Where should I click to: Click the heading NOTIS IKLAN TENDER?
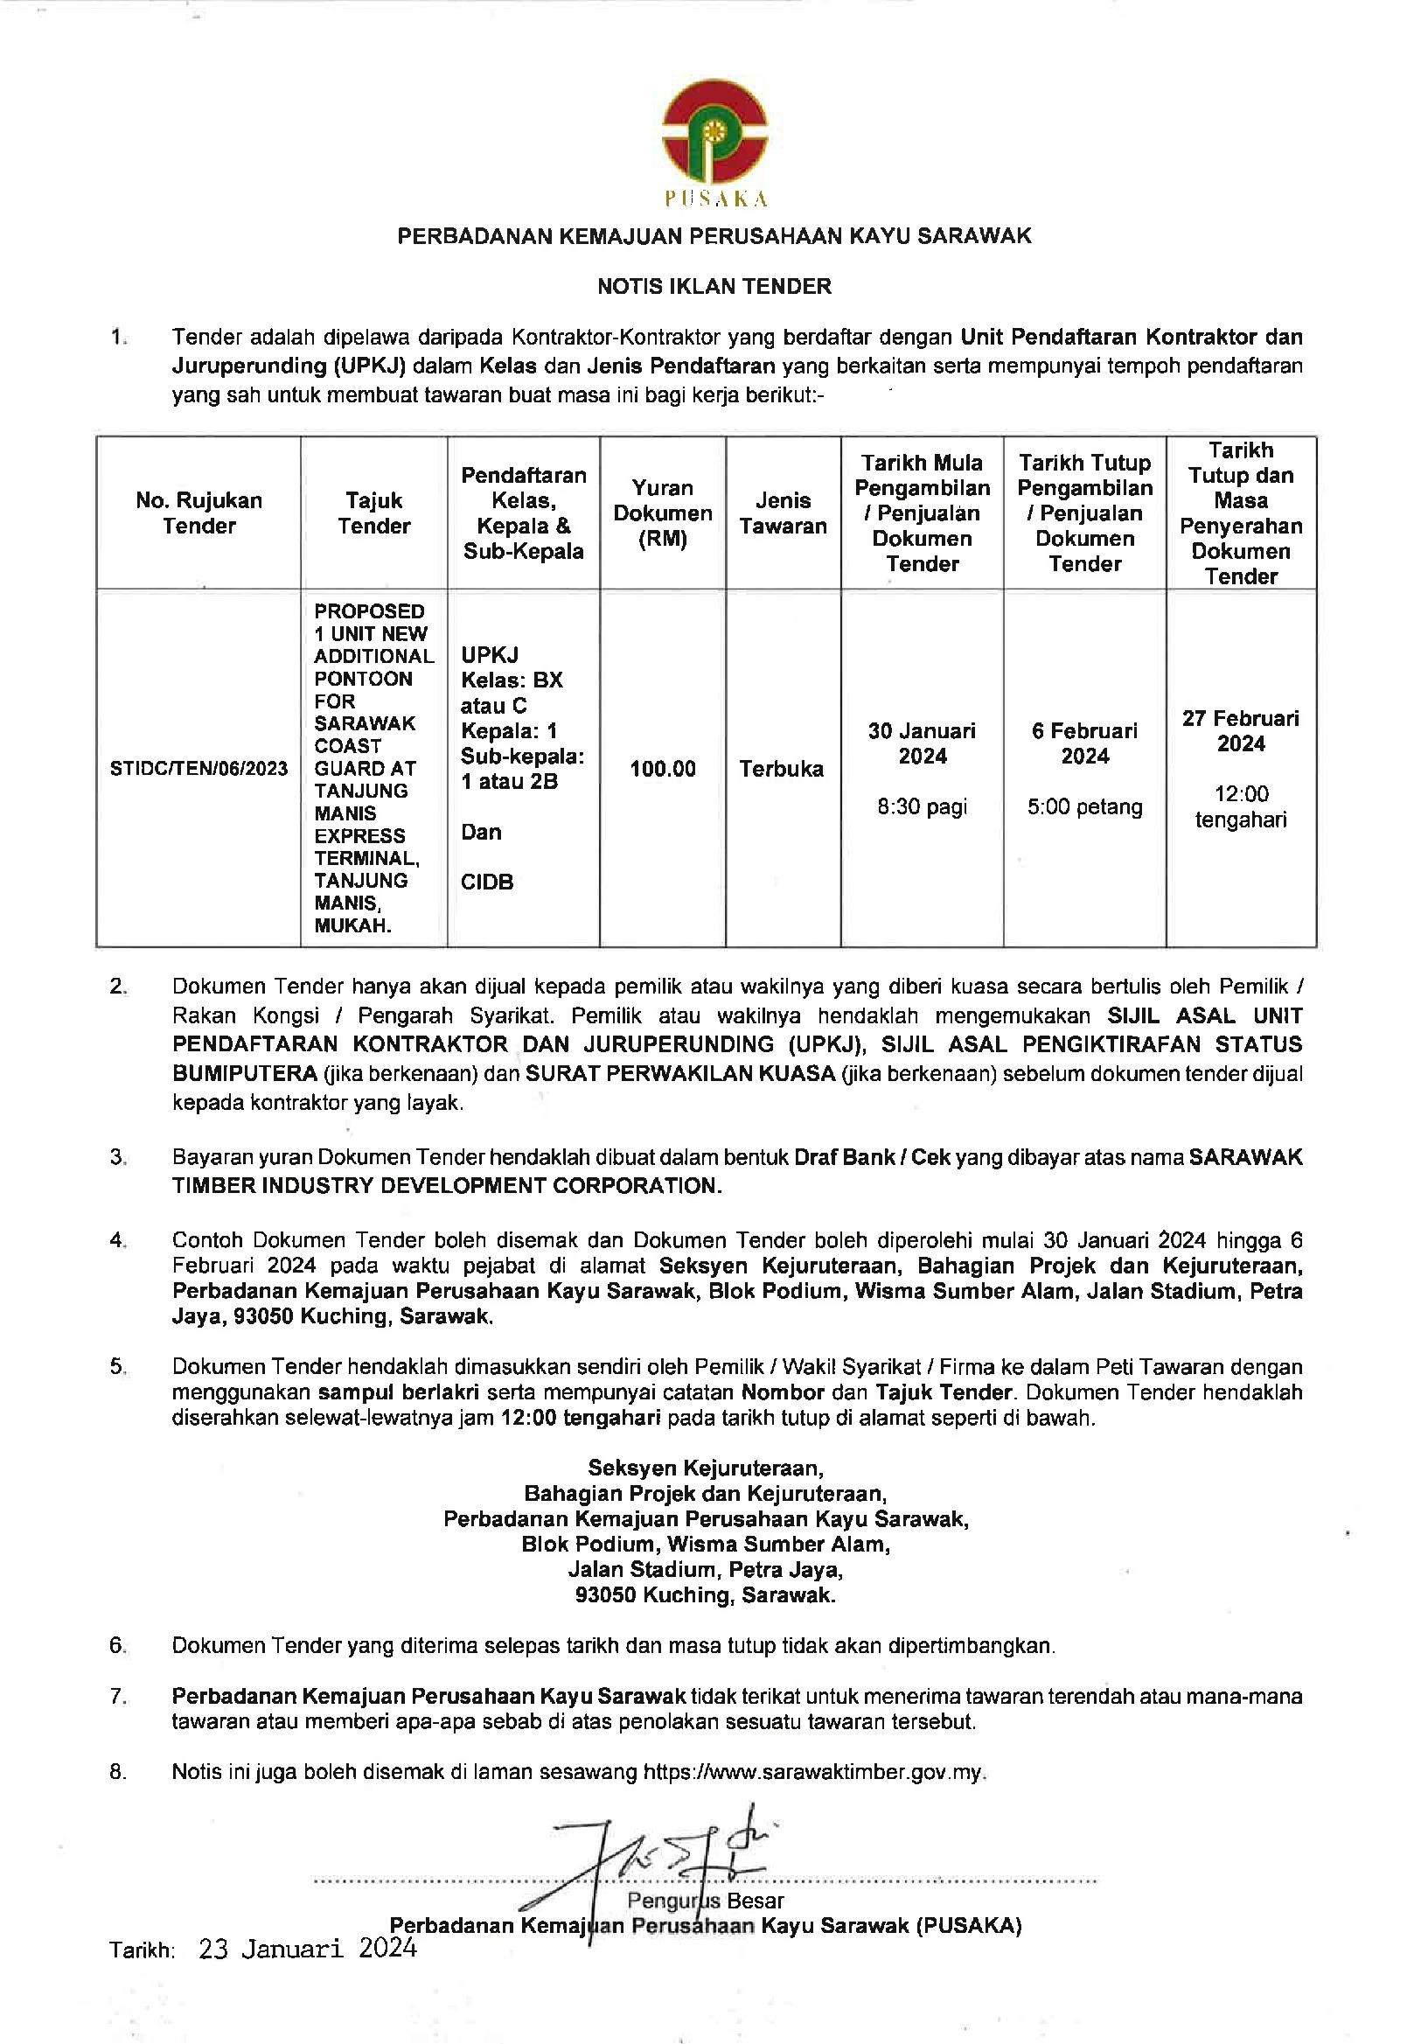[714, 286]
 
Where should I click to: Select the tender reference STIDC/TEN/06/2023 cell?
[199, 768]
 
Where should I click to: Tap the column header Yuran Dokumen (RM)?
[663, 513]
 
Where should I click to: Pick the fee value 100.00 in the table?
[663, 769]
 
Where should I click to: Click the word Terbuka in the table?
[782, 769]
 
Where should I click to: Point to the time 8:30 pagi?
[922, 806]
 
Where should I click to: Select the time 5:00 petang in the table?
[1084, 806]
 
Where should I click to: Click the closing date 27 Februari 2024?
[1240, 731]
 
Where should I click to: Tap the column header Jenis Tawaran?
[784, 513]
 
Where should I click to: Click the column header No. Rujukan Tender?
[199, 513]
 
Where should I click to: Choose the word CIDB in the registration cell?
[487, 882]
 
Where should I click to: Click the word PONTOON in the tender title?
[363, 679]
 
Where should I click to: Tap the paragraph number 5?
[118, 1366]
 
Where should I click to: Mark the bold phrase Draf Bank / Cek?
[872, 1158]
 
